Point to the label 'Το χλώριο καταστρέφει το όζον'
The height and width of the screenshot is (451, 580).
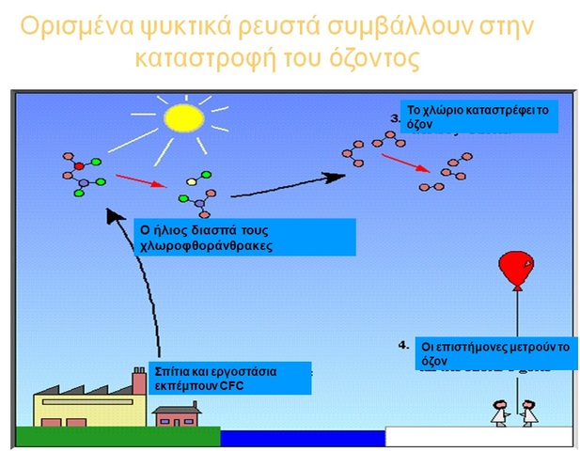point(478,117)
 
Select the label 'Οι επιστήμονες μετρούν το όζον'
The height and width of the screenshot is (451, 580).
point(494,352)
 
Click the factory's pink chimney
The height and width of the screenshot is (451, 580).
point(139,382)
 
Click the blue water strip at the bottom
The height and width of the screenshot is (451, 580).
point(302,438)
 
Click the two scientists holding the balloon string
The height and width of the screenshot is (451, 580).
point(515,412)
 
